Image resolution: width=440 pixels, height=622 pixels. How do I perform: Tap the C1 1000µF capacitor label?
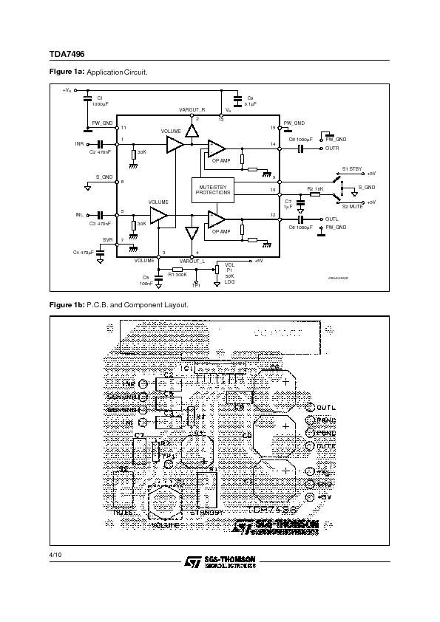point(100,102)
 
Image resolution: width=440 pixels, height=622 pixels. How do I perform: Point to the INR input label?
point(79,143)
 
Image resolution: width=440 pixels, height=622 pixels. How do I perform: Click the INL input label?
point(79,215)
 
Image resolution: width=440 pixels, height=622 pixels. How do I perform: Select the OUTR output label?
point(332,148)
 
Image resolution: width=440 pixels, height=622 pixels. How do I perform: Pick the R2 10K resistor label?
point(314,189)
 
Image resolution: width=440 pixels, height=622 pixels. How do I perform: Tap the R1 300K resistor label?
point(177,274)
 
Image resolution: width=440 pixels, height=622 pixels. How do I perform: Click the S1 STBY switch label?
point(352,169)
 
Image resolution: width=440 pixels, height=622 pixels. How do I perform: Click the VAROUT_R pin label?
point(192,109)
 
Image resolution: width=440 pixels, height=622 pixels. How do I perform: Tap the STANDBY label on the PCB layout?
point(207,511)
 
